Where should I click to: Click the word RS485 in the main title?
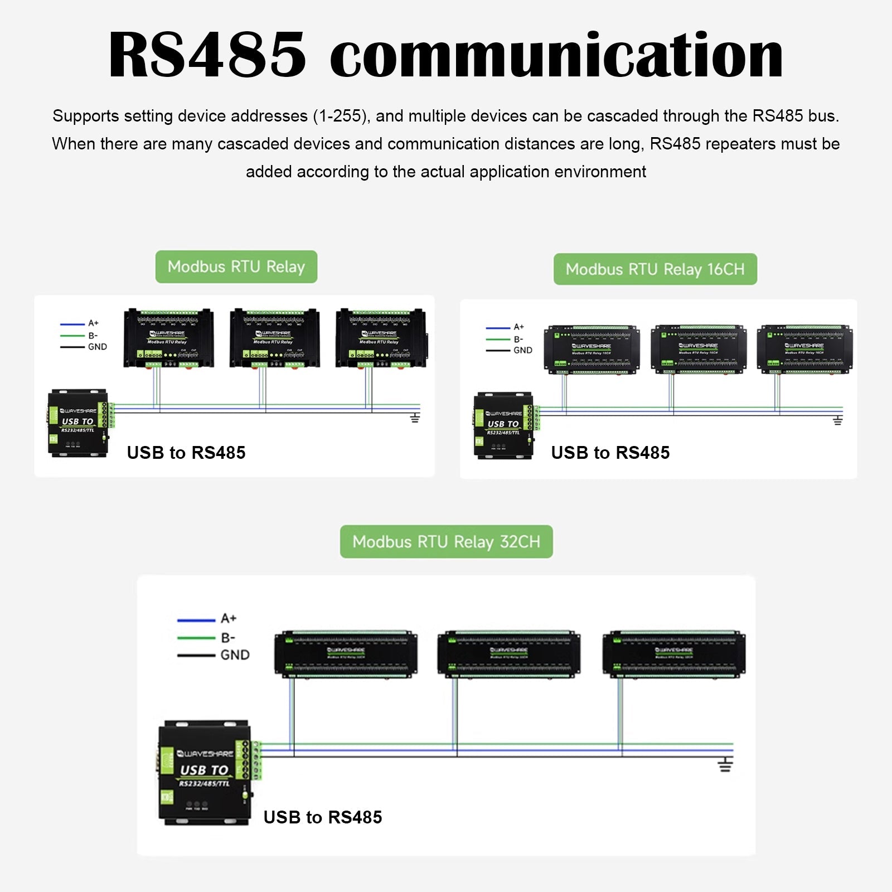click(207, 55)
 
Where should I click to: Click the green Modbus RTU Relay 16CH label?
click(655, 269)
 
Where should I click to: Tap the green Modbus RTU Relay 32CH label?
click(446, 541)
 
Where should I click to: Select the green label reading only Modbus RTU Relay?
click(236, 266)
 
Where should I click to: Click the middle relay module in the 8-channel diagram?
click(275, 338)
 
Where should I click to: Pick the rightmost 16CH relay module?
click(804, 350)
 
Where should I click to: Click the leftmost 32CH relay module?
click(346, 654)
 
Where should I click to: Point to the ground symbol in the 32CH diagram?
click(725, 764)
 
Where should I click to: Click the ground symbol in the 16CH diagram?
click(837, 420)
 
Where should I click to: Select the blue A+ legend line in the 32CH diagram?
click(196, 620)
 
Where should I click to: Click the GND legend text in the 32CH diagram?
click(235, 655)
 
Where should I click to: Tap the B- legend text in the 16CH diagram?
click(518, 339)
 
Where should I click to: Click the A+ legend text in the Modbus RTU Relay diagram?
click(93, 323)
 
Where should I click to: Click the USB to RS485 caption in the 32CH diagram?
click(322, 817)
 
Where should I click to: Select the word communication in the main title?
click(556, 55)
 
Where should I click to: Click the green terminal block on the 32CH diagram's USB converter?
click(256, 760)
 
